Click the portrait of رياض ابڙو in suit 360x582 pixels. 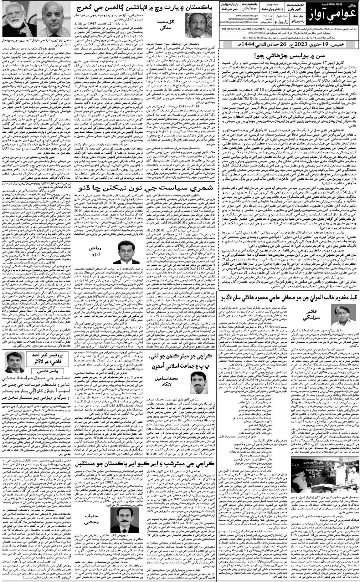(127, 256)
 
